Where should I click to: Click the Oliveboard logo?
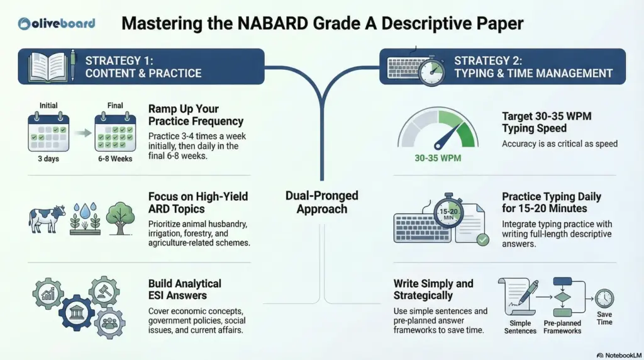pos(57,24)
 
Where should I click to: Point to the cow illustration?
pos(47,218)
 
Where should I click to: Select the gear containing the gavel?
pos(104,291)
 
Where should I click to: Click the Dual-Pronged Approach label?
pos(322,202)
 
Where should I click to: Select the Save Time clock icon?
pos(604,298)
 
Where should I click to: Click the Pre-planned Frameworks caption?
pos(563,327)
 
